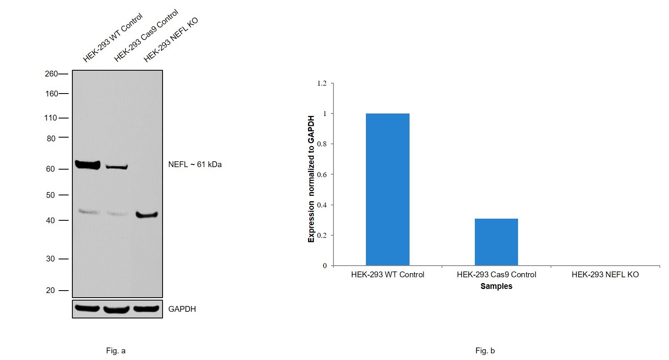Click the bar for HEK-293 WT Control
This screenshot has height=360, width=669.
tap(388, 190)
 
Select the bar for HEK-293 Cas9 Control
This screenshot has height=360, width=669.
tap(496, 242)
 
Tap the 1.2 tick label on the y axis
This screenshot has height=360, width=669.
tap(322, 84)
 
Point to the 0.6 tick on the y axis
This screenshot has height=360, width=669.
tap(322, 175)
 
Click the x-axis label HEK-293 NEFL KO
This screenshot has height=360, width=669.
tap(605, 275)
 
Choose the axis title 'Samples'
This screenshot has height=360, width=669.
tap(496, 286)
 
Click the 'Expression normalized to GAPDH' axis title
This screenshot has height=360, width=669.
tap(311, 179)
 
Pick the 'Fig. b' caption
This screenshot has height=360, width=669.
tap(485, 351)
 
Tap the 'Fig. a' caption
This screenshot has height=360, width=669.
tap(116, 351)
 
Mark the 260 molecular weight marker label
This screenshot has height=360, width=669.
tap(51, 74)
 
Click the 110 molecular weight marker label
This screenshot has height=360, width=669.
tap(50, 118)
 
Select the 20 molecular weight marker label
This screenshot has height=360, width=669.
tap(50, 291)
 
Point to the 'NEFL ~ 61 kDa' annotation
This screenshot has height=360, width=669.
tap(195, 165)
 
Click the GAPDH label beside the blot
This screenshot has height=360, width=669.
tap(182, 309)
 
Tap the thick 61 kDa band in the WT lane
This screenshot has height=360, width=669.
tap(88, 165)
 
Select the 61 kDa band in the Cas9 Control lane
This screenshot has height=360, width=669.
tap(116, 167)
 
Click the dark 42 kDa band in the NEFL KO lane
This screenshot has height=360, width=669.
tap(147, 215)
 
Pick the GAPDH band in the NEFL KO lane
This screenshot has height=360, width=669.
tap(146, 309)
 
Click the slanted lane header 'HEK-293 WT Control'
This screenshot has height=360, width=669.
tap(112, 38)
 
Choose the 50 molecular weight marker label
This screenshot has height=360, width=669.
tap(50, 195)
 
